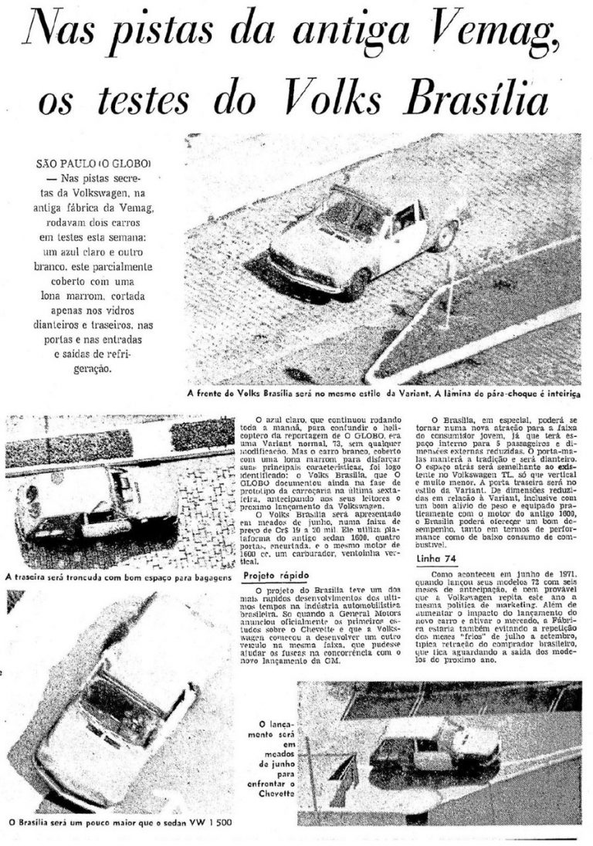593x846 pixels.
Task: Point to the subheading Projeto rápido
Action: click(271, 576)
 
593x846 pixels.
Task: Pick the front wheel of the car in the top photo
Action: click(356, 284)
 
